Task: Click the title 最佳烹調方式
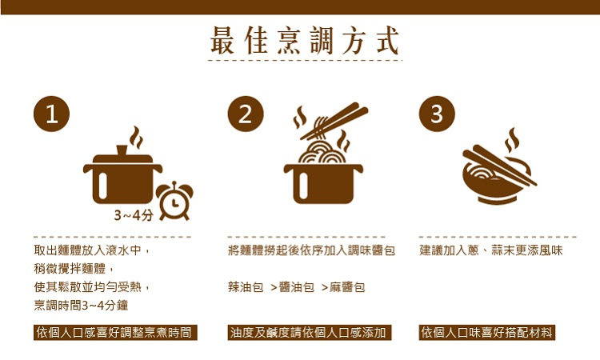pos(305,40)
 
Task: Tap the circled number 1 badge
pos(52,114)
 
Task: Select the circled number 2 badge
pos(246,114)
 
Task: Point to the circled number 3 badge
pos(437,114)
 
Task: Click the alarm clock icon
pos(174,201)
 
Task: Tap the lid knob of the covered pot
pos(122,150)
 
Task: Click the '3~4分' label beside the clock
pos(134,215)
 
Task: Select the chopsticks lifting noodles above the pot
pos(334,121)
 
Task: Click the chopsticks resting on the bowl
pos(499,166)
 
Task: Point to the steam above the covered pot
pos(136,138)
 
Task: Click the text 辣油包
pos(246,287)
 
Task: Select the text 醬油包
pos(297,287)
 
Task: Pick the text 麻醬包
pos(347,287)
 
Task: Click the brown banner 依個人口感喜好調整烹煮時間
pos(115,333)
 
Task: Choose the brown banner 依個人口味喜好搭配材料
pos(486,333)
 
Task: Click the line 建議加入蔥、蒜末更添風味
pos(491,250)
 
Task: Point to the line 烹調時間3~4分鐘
pos(81,306)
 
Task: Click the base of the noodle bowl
pos(497,200)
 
